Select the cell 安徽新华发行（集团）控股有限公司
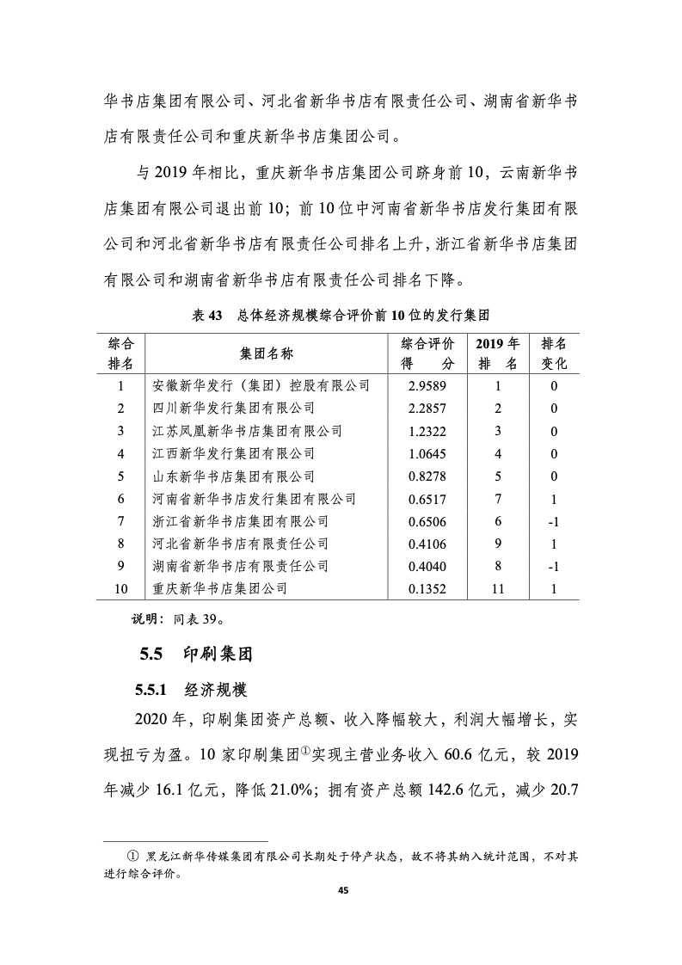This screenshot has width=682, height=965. point(261,385)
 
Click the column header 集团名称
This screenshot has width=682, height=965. point(267,353)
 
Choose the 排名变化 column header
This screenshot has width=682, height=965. point(554,353)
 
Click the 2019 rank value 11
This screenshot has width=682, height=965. point(497,589)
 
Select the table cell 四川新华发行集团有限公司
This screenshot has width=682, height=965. point(233,408)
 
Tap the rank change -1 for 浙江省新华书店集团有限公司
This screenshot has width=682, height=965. point(554,521)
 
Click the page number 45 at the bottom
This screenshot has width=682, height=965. point(341,891)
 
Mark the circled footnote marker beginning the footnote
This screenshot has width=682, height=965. point(132,857)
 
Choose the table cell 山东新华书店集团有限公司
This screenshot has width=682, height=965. point(233,476)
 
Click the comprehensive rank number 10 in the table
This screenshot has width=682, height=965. point(121,589)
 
